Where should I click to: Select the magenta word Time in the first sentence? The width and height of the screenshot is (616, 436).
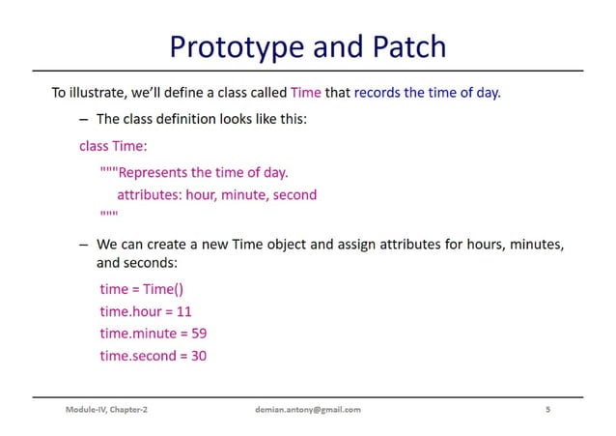coord(306,94)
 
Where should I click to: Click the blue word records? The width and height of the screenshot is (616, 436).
coord(380,94)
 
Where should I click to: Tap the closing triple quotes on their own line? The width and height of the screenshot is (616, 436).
coord(108,214)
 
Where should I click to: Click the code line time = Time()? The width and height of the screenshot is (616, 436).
coord(141,288)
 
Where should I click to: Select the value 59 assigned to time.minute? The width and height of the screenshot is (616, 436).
coord(199,333)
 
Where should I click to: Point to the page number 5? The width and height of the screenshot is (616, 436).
coord(547,410)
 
